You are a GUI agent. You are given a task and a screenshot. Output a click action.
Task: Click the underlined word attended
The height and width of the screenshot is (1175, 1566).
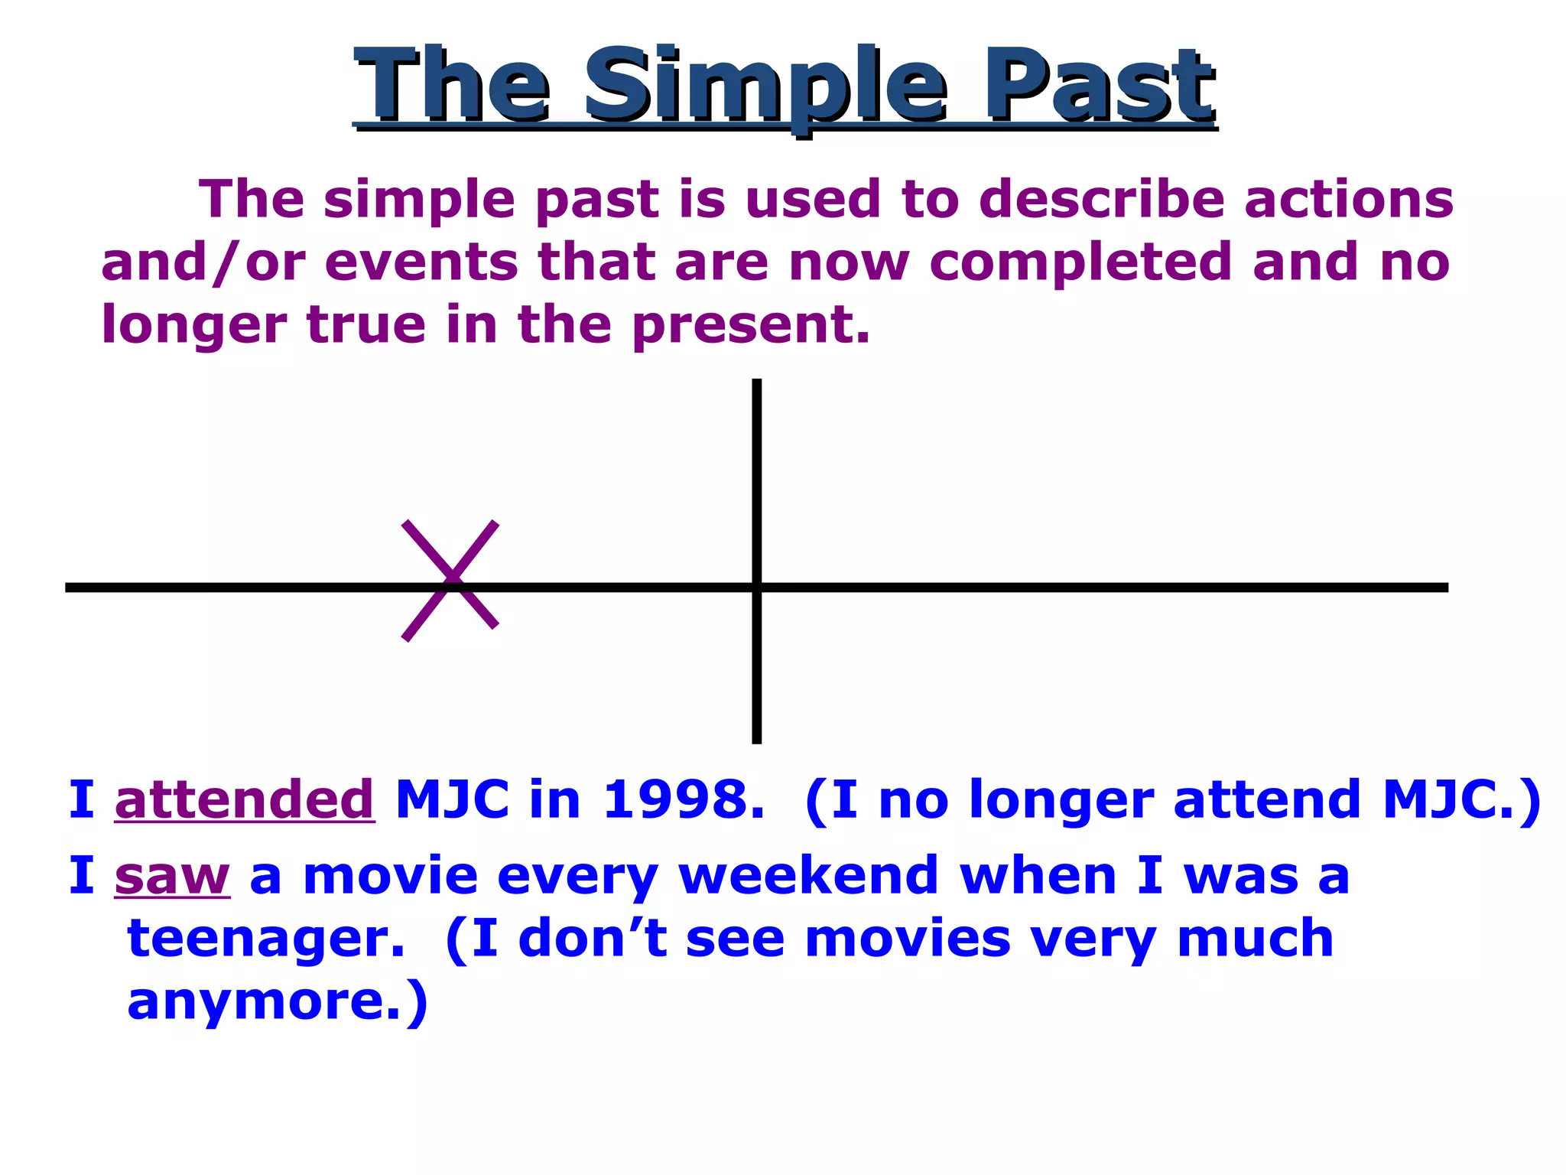[x=244, y=800]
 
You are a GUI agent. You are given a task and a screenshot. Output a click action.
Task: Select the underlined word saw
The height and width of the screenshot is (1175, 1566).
[x=172, y=876]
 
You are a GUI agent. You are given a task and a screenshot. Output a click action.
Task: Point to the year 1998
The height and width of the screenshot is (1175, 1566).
[x=683, y=800]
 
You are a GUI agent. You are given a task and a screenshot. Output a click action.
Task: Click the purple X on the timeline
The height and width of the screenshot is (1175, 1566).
[x=451, y=581]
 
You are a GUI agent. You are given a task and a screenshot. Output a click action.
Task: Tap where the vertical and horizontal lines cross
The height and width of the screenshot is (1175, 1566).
[x=756, y=587]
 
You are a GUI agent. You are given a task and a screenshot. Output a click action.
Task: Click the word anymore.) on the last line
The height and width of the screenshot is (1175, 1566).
[x=277, y=1001]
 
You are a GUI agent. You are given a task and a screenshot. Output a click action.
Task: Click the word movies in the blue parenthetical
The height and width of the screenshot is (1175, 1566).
[x=908, y=939]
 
